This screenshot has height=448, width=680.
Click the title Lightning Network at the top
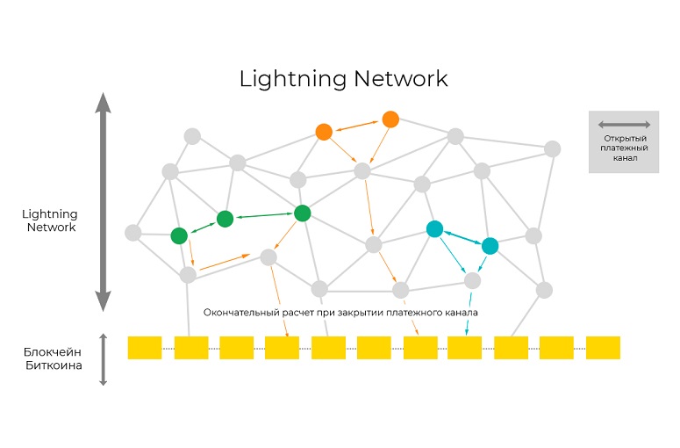pos(343,78)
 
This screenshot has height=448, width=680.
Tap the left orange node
pos(324,132)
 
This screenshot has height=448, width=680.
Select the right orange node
pos(390,119)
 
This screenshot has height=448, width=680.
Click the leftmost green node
pos(179,235)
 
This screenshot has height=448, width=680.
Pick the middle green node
pos(225,218)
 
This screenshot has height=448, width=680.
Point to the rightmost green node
pos(303,213)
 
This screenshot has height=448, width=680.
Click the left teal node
pos(434,228)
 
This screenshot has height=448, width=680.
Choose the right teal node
pos(490,246)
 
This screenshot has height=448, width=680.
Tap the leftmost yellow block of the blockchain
pos(145,347)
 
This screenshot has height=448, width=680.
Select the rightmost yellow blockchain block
pos(603,347)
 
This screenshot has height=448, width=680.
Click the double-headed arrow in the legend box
pos(624,125)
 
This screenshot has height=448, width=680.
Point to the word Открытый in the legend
pos(625,139)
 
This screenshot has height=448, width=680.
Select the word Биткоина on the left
pos(54,365)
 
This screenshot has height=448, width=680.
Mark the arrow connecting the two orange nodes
pos(357,126)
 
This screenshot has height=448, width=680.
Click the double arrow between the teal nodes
pos(462,237)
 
